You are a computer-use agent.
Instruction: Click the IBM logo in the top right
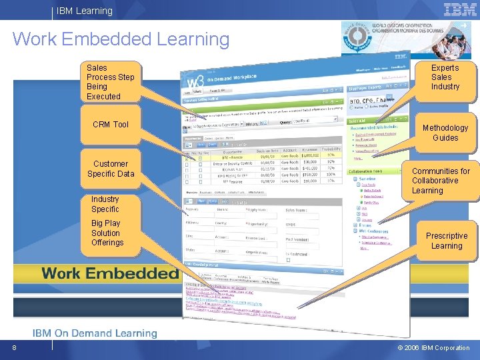460,10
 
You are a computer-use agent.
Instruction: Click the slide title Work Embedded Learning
121,39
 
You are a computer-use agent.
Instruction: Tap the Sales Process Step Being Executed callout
110,82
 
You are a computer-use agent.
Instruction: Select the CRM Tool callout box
111,125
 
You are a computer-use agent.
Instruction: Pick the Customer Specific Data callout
111,169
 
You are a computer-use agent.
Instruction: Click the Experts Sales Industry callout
445,77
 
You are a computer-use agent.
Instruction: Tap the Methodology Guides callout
445,133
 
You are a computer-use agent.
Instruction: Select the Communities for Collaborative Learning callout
441,181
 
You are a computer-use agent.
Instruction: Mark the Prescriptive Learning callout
447,241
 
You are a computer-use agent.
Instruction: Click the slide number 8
13,347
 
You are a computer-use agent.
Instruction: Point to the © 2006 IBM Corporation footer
433,347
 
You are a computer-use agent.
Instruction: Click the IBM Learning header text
85,11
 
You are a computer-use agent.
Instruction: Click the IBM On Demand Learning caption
95,333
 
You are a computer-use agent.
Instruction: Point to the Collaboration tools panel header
365,171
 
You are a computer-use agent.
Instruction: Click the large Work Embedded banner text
110,273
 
